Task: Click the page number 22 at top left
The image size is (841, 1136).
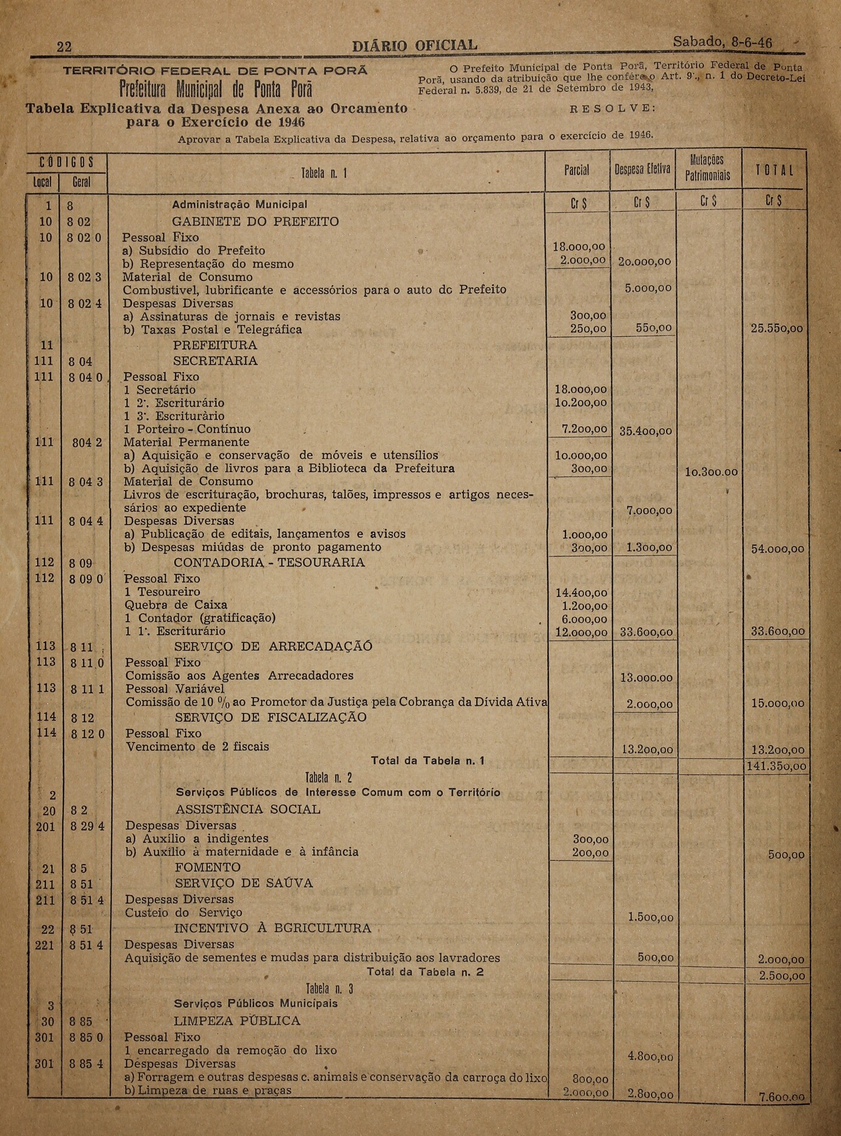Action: click(x=64, y=47)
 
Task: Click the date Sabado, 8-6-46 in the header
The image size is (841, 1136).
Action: click(x=722, y=43)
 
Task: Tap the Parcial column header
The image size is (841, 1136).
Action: click(x=576, y=171)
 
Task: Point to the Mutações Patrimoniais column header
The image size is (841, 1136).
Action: click(x=707, y=168)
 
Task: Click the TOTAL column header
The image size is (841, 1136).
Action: click(x=774, y=171)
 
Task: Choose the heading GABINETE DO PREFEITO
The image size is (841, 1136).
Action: click(x=255, y=222)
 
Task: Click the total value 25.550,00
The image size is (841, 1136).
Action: click(x=777, y=328)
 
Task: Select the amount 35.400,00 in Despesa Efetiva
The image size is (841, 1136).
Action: click(x=645, y=431)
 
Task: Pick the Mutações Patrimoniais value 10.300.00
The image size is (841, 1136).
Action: click(x=711, y=472)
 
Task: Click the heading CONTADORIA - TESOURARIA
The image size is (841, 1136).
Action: click(x=269, y=563)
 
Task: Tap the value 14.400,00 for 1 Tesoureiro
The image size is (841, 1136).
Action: click(x=581, y=593)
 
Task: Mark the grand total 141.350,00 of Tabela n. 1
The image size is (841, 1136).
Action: click(x=776, y=766)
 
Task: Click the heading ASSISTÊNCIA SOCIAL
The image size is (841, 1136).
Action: click(x=248, y=809)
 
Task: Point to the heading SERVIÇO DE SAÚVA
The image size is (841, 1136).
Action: click(x=243, y=883)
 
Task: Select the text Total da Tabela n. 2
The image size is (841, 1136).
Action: click(x=425, y=972)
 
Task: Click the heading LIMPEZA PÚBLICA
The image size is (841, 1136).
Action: click(x=237, y=1021)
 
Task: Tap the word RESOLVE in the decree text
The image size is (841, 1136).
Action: click(x=613, y=109)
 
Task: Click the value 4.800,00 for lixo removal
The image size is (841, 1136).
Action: click(x=650, y=1056)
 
